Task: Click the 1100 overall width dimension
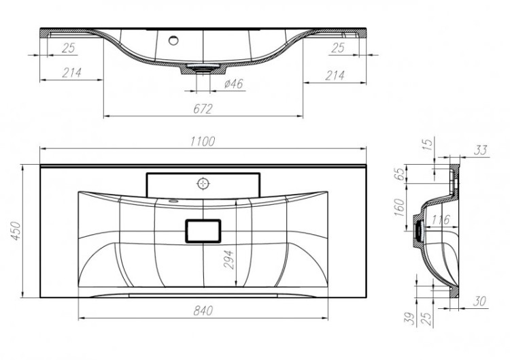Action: coord(203,141)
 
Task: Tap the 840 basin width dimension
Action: coord(203,310)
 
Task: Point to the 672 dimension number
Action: coord(203,109)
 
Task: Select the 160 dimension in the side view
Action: coord(400,206)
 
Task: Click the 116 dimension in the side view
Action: coord(441,220)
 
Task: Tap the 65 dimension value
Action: coord(400,174)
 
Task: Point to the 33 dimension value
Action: coord(481,150)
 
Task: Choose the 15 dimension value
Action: coord(427,145)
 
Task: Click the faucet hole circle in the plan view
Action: coord(203,182)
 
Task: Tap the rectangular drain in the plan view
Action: coord(203,231)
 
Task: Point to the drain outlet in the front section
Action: coord(203,68)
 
